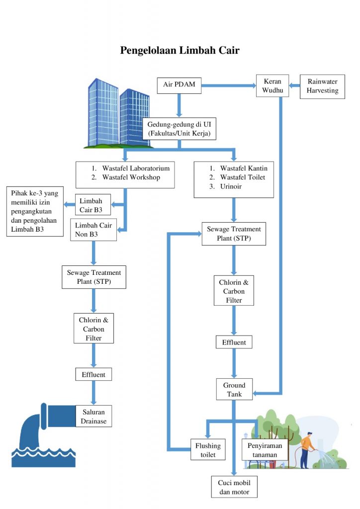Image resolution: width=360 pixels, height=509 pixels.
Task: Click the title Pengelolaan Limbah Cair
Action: (180, 50)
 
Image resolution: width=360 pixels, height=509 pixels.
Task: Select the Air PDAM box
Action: (179, 85)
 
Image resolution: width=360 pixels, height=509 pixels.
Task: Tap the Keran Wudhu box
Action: (272, 85)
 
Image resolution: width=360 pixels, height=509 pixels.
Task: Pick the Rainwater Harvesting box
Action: (322, 86)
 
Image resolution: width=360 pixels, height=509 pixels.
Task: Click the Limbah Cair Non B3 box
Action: (93, 230)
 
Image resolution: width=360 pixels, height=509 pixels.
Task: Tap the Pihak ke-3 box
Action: (34, 211)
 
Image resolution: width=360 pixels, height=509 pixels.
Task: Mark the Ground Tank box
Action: (234, 389)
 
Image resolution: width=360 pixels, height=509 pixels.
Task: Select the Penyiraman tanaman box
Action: (265, 450)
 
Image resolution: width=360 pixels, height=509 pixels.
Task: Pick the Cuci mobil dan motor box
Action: (234, 487)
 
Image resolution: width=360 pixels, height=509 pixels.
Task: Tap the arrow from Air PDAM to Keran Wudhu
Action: (229, 85)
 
